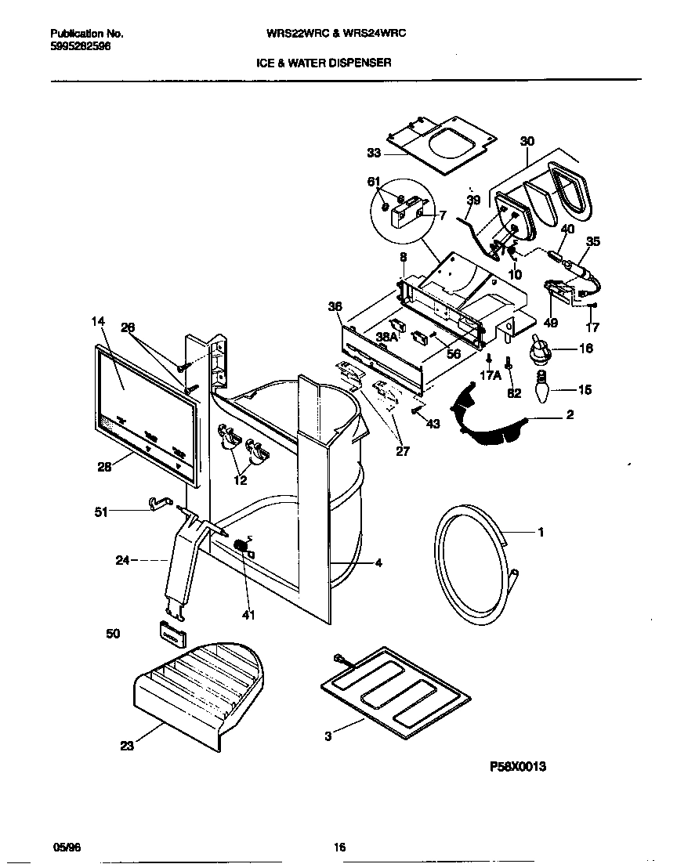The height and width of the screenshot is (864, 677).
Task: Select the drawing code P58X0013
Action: [x=516, y=768]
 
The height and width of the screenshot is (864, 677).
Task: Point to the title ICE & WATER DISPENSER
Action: [x=324, y=63]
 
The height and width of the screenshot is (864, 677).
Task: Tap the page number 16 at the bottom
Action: [x=339, y=847]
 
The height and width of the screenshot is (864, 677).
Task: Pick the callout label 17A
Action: [x=490, y=375]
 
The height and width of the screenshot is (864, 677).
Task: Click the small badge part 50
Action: [x=172, y=632]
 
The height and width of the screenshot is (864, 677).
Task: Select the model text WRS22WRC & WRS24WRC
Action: [x=337, y=34]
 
